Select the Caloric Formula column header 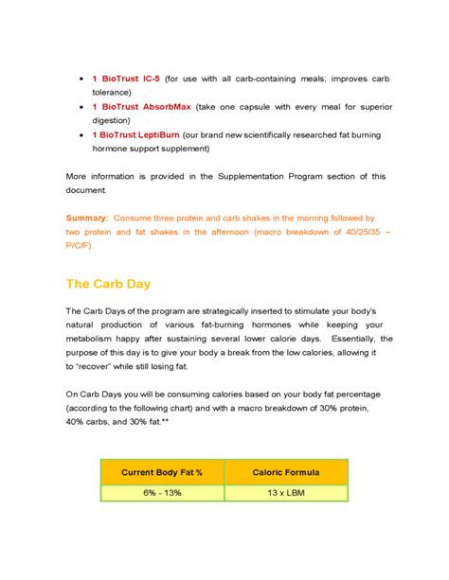(x=286, y=472)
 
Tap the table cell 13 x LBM (x=286, y=492)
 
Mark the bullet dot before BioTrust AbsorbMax (x=81, y=107)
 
